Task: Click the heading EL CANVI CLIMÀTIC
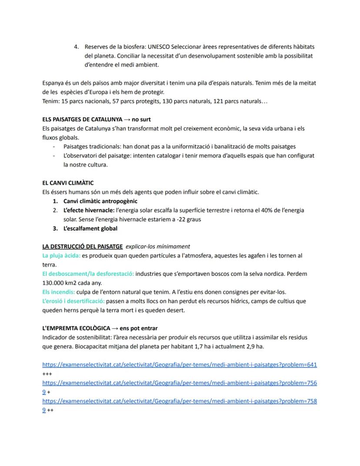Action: tap(68, 183)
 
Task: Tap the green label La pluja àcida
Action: tap(61, 255)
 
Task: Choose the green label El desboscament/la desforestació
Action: tap(88, 274)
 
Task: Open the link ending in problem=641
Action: tap(180, 365)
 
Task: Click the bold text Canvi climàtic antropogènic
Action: tap(100, 201)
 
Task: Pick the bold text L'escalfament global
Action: tap(90, 228)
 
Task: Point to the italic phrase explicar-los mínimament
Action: tap(158, 247)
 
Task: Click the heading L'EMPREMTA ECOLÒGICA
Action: tap(74, 328)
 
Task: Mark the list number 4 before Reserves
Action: tap(76, 47)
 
